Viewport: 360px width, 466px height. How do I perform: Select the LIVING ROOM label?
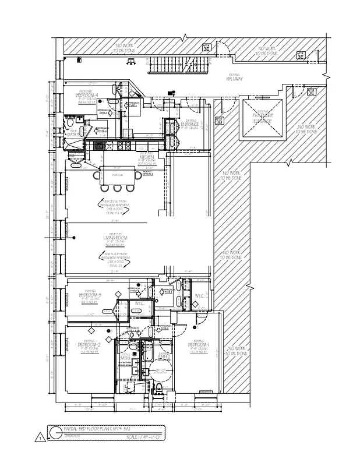pos(115,238)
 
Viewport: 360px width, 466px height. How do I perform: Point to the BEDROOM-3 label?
pos(90,295)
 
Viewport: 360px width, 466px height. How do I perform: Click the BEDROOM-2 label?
pos(90,345)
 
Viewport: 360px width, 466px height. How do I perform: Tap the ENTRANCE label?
pos(190,124)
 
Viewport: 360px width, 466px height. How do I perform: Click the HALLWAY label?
pos(235,78)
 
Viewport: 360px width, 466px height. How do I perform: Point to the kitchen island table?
pos(119,174)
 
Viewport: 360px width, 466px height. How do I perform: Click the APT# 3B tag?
pos(219,122)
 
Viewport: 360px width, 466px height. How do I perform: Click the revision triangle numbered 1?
pos(40,437)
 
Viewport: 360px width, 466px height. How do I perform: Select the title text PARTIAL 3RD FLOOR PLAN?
pos(96,428)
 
